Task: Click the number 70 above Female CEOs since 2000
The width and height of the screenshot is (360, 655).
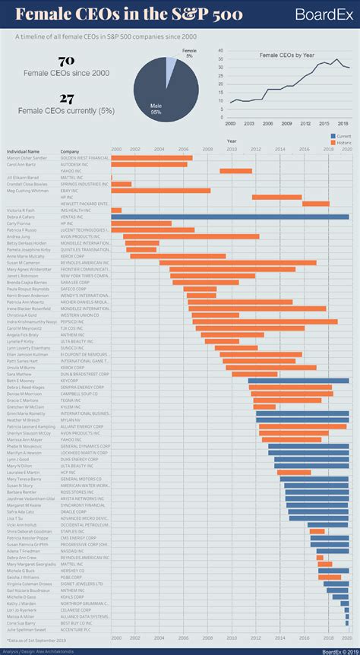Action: [x=66, y=60]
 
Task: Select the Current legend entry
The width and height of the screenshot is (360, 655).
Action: [x=341, y=134]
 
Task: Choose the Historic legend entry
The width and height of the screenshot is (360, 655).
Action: [x=341, y=142]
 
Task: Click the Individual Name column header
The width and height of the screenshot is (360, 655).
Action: [x=23, y=151]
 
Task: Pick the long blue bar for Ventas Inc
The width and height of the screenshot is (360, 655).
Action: [x=230, y=217]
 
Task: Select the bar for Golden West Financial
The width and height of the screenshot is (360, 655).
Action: [x=151, y=158]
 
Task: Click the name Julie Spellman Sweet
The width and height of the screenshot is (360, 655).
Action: [x=26, y=629]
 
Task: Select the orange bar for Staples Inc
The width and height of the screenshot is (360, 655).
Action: [x=317, y=531]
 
